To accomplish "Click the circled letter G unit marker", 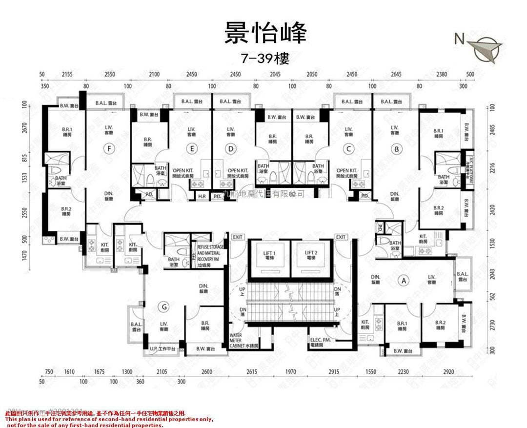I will (165, 306).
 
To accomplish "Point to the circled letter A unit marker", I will (403, 281).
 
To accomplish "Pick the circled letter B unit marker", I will (397, 148).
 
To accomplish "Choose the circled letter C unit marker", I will (348, 148).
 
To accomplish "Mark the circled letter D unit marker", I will (231, 148).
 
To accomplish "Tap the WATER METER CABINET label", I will (243, 340).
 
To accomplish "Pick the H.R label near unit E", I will (202, 196).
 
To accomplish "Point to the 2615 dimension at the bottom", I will (251, 372).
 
